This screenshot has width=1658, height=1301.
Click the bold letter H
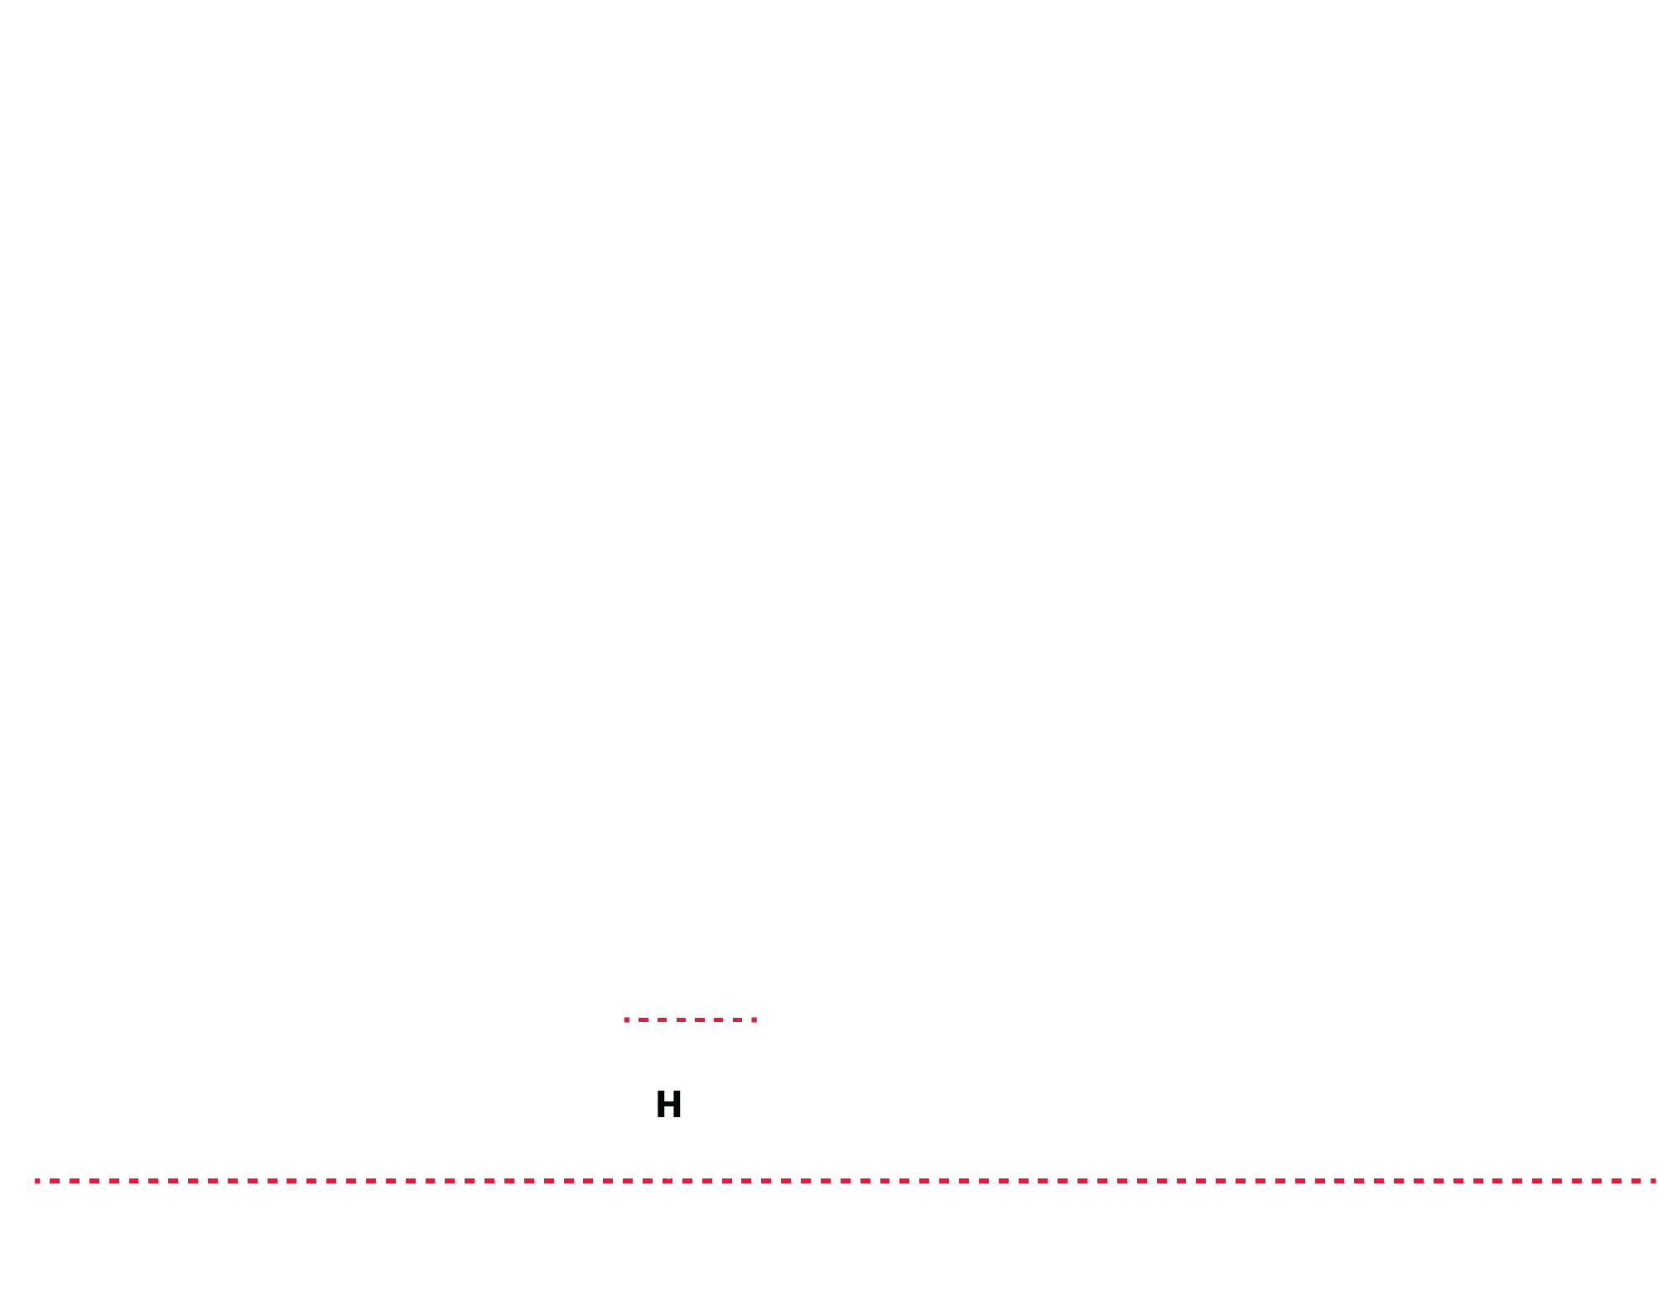click(669, 1104)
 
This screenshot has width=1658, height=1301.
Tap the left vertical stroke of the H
click(661, 1104)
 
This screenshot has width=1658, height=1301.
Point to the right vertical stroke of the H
click(677, 1104)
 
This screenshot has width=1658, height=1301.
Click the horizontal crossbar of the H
click(669, 1104)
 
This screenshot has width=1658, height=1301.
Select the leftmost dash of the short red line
click(627, 1019)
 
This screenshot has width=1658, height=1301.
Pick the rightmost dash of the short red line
click(754, 1019)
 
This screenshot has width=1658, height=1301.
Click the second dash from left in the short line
click(643, 1019)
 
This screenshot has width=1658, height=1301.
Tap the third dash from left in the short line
click(662, 1019)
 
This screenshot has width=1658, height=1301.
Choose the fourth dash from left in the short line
click(681, 1019)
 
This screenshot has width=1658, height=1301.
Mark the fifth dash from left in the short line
click(700, 1019)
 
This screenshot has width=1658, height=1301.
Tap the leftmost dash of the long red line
click(37, 1181)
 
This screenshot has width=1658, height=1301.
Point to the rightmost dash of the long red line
click(1653, 1181)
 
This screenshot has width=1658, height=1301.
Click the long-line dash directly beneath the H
click(668, 1181)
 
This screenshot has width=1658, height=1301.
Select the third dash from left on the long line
click(75, 1181)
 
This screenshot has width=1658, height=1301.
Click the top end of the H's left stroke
click(661, 1091)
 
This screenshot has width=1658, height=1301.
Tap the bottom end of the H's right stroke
click(677, 1117)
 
